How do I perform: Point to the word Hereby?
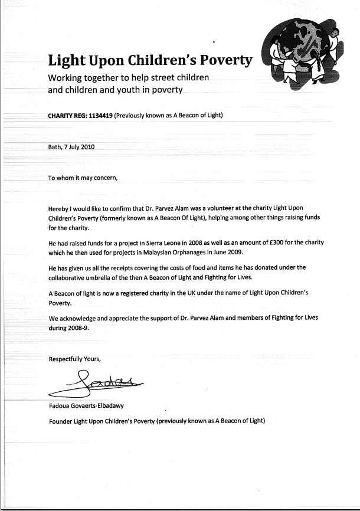pyautogui.click(x=59, y=209)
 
